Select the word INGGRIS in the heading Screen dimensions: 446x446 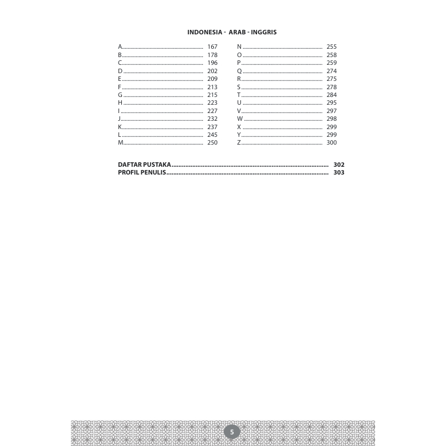(264, 32)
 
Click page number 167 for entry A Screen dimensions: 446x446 (212, 47)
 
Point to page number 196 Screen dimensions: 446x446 (212, 63)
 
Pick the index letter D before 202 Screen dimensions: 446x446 (120, 71)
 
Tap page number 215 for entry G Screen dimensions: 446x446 (212, 95)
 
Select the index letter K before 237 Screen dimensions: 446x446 (120, 127)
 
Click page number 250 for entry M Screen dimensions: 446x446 (212, 143)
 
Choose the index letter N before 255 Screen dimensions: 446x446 (239, 47)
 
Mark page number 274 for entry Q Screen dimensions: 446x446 (331, 71)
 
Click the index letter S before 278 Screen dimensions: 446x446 (239, 87)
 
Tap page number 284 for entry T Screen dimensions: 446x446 (331, 95)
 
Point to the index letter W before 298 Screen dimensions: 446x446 (240, 119)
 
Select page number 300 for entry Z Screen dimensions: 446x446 (331, 143)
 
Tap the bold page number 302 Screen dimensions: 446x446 (339, 165)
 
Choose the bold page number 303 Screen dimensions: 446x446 (339, 173)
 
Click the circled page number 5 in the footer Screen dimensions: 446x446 (232, 432)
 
